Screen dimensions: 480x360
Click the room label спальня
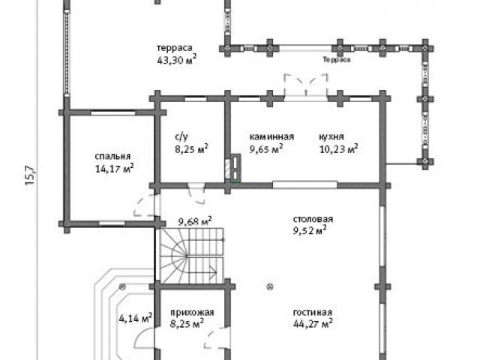112,157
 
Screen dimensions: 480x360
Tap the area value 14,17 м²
114,168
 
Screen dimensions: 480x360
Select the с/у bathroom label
181,136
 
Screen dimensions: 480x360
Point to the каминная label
271,136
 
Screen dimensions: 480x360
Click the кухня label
331,136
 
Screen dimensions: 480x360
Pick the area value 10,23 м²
339,149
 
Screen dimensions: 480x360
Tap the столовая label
313,220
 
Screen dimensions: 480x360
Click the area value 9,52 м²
310,230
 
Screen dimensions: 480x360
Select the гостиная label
313,313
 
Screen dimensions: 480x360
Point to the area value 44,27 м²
313,323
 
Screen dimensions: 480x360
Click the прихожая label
192,313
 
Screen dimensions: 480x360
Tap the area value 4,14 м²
136,318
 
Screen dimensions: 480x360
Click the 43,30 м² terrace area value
177,60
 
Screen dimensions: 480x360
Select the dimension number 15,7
30,175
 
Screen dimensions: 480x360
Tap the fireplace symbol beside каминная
233,167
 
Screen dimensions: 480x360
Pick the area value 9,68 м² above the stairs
195,222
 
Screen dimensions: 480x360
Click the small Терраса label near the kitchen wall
337,60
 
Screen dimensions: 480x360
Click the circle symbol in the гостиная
270,286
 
